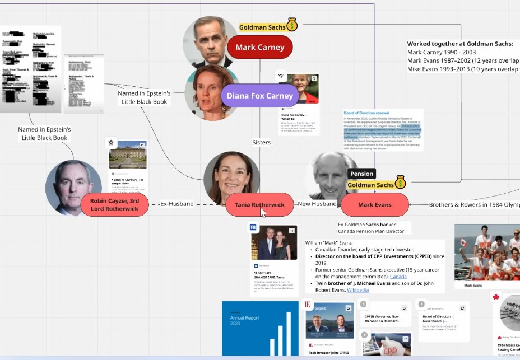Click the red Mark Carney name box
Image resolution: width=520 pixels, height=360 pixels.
point(259,48)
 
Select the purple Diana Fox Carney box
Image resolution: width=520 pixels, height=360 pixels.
point(259,96)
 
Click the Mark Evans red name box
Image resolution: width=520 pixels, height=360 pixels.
point(375,205)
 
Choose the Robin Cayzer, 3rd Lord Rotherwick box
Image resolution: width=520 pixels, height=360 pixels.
point(114,205)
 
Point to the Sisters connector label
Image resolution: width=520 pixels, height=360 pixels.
point(261,142)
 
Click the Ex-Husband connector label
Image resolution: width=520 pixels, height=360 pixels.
point(176,204)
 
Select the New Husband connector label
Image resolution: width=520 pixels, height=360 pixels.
point(317,204)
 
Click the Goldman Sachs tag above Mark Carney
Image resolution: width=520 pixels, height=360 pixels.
point(262,27)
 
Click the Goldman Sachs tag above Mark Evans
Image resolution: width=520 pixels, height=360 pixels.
point(370,185)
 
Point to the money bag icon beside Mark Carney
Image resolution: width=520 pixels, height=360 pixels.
point(291,25)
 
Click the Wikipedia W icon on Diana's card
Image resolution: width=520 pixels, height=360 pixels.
point(281,76)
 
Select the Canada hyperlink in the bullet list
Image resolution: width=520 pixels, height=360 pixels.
point(398,277)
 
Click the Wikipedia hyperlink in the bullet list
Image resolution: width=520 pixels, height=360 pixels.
point(357,290)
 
